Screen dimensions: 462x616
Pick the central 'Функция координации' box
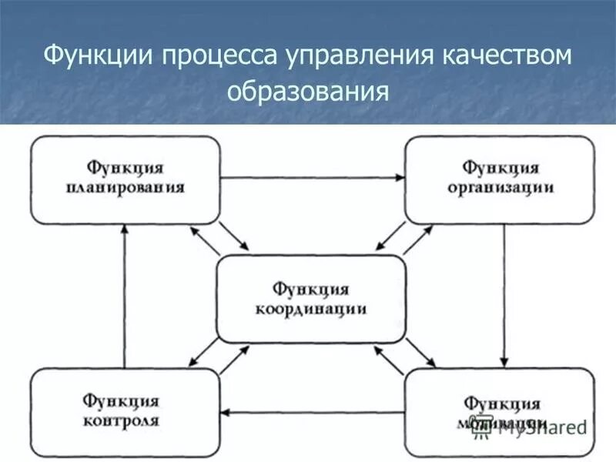(x=311, y=299)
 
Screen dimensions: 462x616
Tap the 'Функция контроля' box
(x=125, y=412)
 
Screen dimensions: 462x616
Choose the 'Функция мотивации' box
(x=500, y=412)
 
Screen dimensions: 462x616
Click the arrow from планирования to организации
(x=313, y=178)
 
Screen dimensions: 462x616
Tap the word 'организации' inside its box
(x=500, y=188)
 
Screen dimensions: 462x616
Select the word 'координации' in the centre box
(x=310, y=310)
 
